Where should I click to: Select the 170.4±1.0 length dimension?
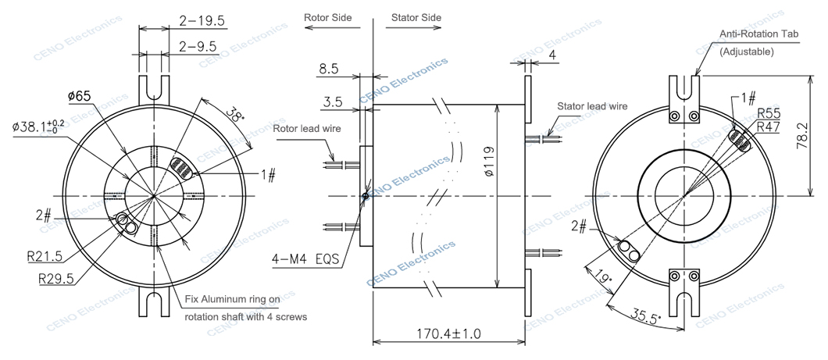click(449, 333)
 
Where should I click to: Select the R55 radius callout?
click(769, 113)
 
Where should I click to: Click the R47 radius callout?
click(769, 127)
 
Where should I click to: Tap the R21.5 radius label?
click(45, 257)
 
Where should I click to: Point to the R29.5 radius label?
click(56, 279)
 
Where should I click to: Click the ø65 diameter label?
click(79, 96)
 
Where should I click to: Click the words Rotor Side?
click(327, 17)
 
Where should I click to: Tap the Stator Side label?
click(416, 17)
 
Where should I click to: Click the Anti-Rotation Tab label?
click(759, 34)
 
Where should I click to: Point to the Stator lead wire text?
click(592, 106)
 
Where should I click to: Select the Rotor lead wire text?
click(307, 128)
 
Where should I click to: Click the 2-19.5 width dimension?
click(202, 21)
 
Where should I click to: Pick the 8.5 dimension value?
click(328, 70)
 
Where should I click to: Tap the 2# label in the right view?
click(579, 226)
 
